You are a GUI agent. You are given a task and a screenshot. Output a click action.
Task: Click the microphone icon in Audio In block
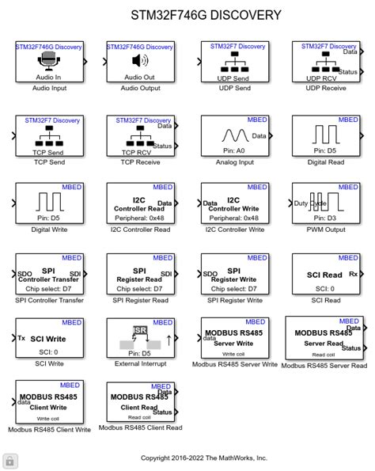pos(48,62)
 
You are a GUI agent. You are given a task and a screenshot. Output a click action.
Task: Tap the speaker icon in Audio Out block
pos(139,62)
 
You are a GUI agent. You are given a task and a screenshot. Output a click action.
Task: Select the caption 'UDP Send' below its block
pos(231,88)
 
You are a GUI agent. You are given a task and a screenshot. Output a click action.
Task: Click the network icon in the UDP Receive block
pos(320,63)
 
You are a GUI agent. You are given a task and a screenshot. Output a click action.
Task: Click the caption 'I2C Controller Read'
pos(140,230)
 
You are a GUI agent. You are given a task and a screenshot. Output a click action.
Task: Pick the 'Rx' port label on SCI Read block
pos(353,275)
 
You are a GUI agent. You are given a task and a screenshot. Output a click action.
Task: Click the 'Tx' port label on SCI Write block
pos(21,338)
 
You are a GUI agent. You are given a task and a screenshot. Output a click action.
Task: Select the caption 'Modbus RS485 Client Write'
pos(49,430)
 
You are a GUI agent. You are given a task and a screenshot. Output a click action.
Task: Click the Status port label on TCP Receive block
pos(162,145)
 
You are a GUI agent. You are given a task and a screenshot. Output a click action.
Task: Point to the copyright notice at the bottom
pos(204,458)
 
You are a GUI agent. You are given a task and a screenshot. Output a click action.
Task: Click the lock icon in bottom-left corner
pos(9,461)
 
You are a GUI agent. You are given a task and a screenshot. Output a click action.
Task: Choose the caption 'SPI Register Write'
pos(231,300)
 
